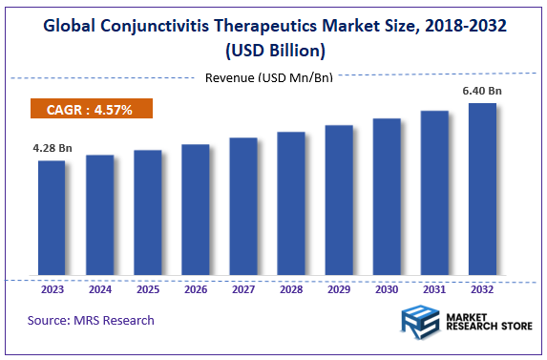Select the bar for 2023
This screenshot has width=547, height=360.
[52, 219]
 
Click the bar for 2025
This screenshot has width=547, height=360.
[147, 213]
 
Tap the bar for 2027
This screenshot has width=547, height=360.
[242, 207]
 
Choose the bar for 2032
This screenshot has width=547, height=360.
[481, 189]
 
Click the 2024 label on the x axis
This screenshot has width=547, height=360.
[99, 288]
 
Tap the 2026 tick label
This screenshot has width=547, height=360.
[195, 288]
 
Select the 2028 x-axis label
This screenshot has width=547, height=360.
[290, 288]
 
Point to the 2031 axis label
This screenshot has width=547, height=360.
[433, 288]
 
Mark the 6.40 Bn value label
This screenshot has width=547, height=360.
[482, 91]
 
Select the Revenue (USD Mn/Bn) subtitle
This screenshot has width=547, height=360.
[269, 77]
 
